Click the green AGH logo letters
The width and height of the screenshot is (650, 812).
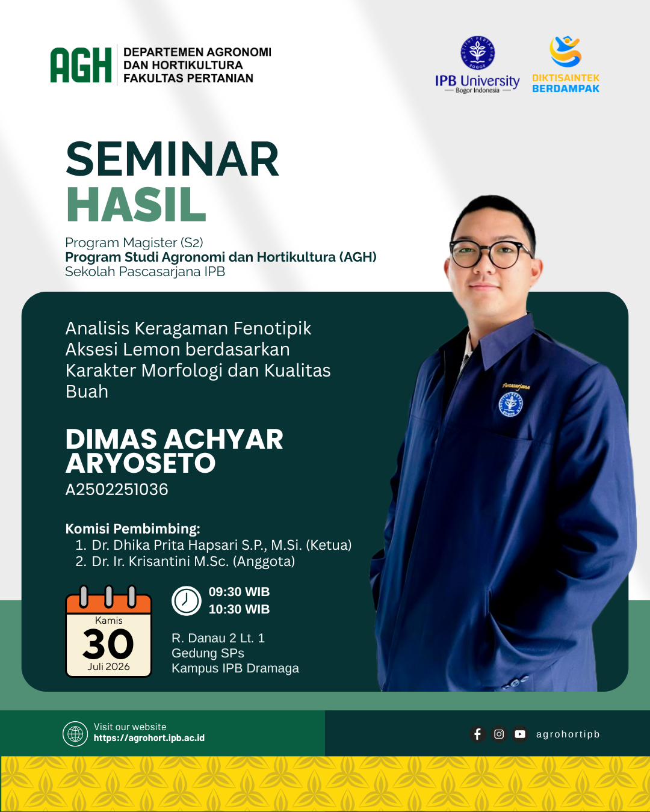pos(81,65)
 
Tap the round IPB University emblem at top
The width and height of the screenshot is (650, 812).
pos(477,53)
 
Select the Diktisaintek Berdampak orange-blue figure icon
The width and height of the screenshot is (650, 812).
pos(565,51)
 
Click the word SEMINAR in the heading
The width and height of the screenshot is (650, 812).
pos(173,159)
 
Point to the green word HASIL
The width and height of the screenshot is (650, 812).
pos(137,204)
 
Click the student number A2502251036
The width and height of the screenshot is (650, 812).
pos(117,490)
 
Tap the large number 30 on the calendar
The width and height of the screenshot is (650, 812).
pos(108,644)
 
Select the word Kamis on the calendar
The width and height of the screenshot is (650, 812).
pos(109,620)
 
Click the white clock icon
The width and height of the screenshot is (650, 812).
pos(186,601)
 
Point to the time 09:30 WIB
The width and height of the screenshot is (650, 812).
pos(239,592)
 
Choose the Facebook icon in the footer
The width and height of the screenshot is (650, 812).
pos(477,734)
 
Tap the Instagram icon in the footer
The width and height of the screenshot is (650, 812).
pos(498,734)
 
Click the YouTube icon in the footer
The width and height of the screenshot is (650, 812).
pos(519,734)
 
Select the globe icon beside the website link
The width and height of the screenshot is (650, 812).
pos(75,734)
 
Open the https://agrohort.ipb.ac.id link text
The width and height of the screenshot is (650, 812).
pos(149,738)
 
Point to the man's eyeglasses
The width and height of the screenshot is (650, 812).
pos(491,254)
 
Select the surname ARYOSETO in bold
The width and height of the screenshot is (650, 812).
pos(140,463)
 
